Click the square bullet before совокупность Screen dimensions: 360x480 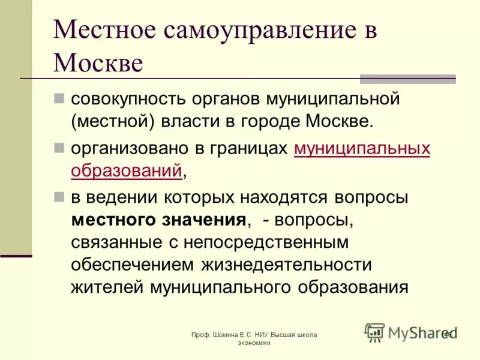point(59,97)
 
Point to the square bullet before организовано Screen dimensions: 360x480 point(59,148)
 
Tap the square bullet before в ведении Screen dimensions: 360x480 point(59,196)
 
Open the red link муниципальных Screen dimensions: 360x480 point(362,149)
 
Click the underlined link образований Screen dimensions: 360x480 point(126,171)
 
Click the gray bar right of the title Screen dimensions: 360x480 point(407,79)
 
